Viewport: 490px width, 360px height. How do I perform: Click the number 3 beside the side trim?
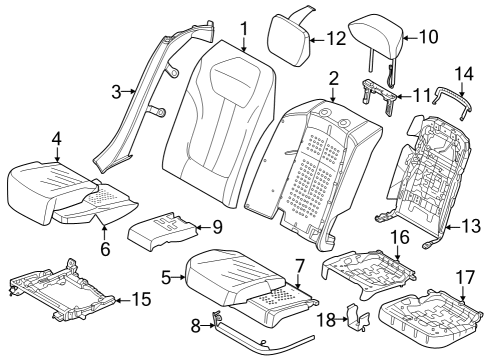coord(116,92)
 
